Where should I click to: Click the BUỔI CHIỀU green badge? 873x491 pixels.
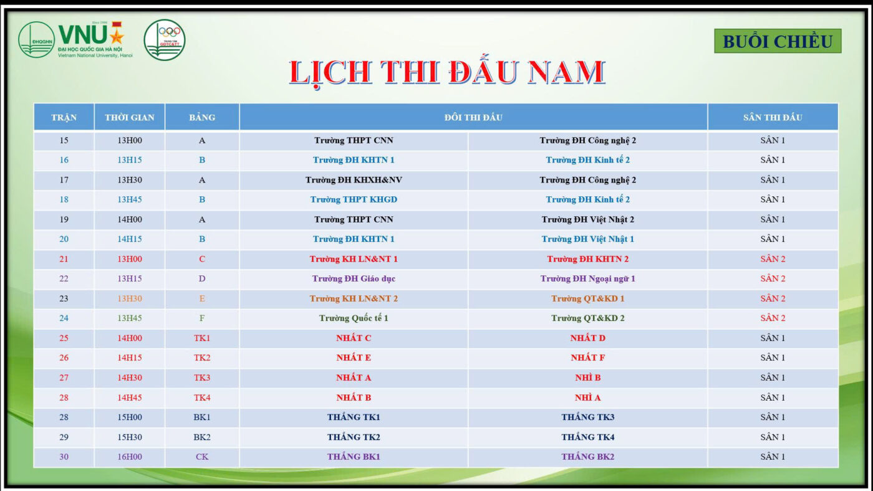tap(778, 41)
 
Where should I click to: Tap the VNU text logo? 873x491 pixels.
tap(91, 39)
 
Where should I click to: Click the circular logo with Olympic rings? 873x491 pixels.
tap(165, 40)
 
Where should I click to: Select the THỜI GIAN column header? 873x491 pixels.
tap(130, 117)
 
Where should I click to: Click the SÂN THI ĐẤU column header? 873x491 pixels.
tap(773, 117)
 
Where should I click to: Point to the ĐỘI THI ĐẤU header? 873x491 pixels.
tap(473, 117)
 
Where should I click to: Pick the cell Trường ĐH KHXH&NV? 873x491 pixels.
tap(354, 180)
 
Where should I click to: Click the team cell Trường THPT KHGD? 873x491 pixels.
tap(354, 200)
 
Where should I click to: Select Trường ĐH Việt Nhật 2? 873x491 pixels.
tap(587, 219)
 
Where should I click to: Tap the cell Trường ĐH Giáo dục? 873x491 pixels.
tap(354, 279)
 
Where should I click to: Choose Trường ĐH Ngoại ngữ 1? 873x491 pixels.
tap(587, 279)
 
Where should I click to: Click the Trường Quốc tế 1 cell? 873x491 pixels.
tap(354, 318)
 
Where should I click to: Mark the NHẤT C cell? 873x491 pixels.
tap(354, 338)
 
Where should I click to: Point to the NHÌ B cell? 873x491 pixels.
tap(587, 378)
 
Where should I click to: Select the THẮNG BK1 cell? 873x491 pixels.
tap(354, 457)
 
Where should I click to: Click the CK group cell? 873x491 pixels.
tap(202, 457)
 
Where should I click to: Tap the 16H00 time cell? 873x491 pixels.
tap(130, 457)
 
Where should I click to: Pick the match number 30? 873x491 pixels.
tap(64, 457)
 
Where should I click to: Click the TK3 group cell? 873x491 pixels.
tap(202, 378)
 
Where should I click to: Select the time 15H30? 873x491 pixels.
tap(130, 437)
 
